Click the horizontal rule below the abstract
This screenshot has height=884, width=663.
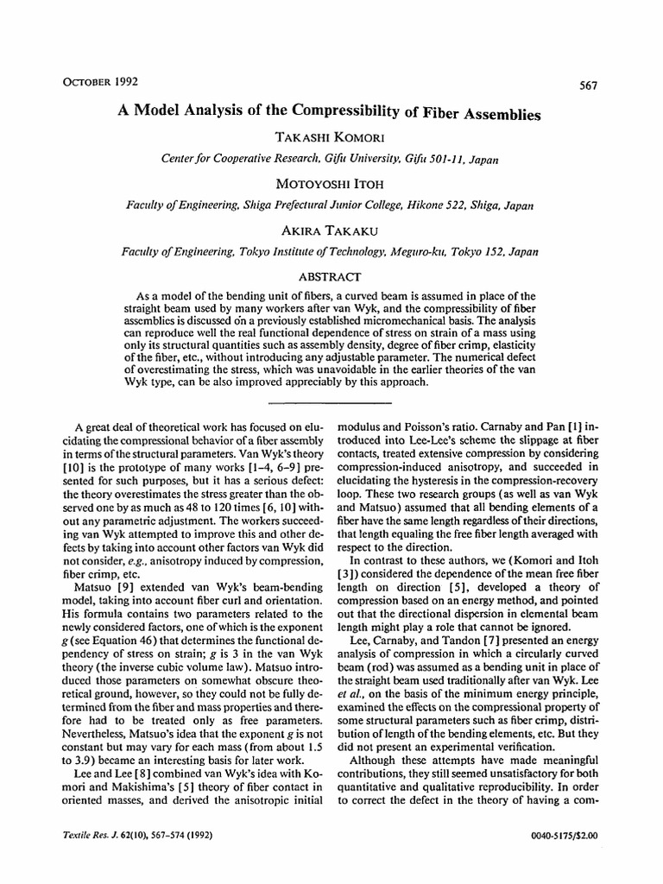[x=331, y=402]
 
